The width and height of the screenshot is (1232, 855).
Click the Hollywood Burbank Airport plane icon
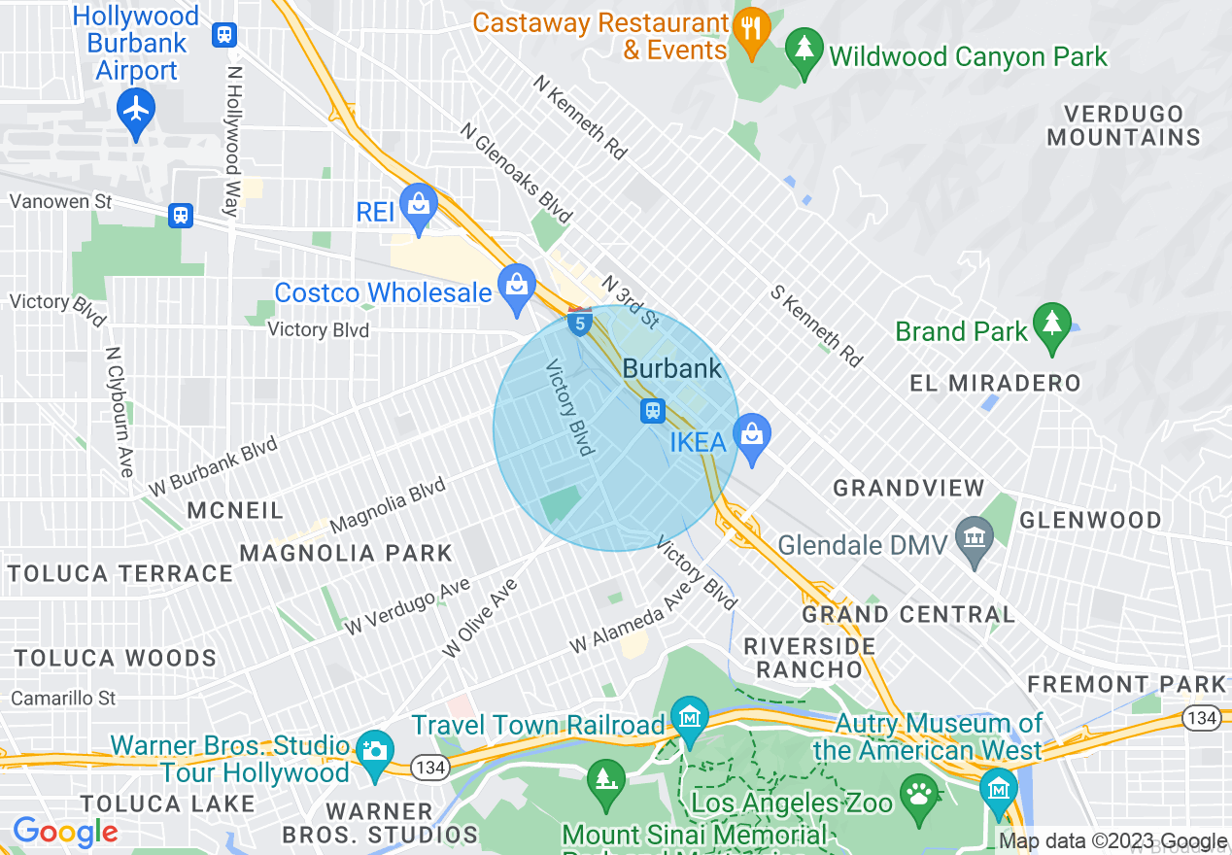pos(136,112)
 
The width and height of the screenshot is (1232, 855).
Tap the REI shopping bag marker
pos(419,206)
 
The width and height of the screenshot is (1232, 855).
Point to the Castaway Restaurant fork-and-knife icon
pos(750,28)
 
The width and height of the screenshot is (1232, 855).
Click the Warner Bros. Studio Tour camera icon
pos(375,753)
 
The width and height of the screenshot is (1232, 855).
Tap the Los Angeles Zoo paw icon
pos(918,794)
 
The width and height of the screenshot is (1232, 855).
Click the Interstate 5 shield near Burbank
pos(580,322)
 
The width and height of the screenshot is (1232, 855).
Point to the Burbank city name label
pos(672,368)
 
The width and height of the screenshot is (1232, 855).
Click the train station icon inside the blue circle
pos(653,411)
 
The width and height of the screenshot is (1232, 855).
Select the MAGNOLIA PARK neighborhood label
pos(346,553)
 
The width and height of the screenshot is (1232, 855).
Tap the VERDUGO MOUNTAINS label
pos(1123,125)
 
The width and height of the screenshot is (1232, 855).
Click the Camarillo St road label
pos(63,698)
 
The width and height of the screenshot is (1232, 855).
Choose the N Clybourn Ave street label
pos(120,412)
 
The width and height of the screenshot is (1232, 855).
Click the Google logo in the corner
pos(65,833)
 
